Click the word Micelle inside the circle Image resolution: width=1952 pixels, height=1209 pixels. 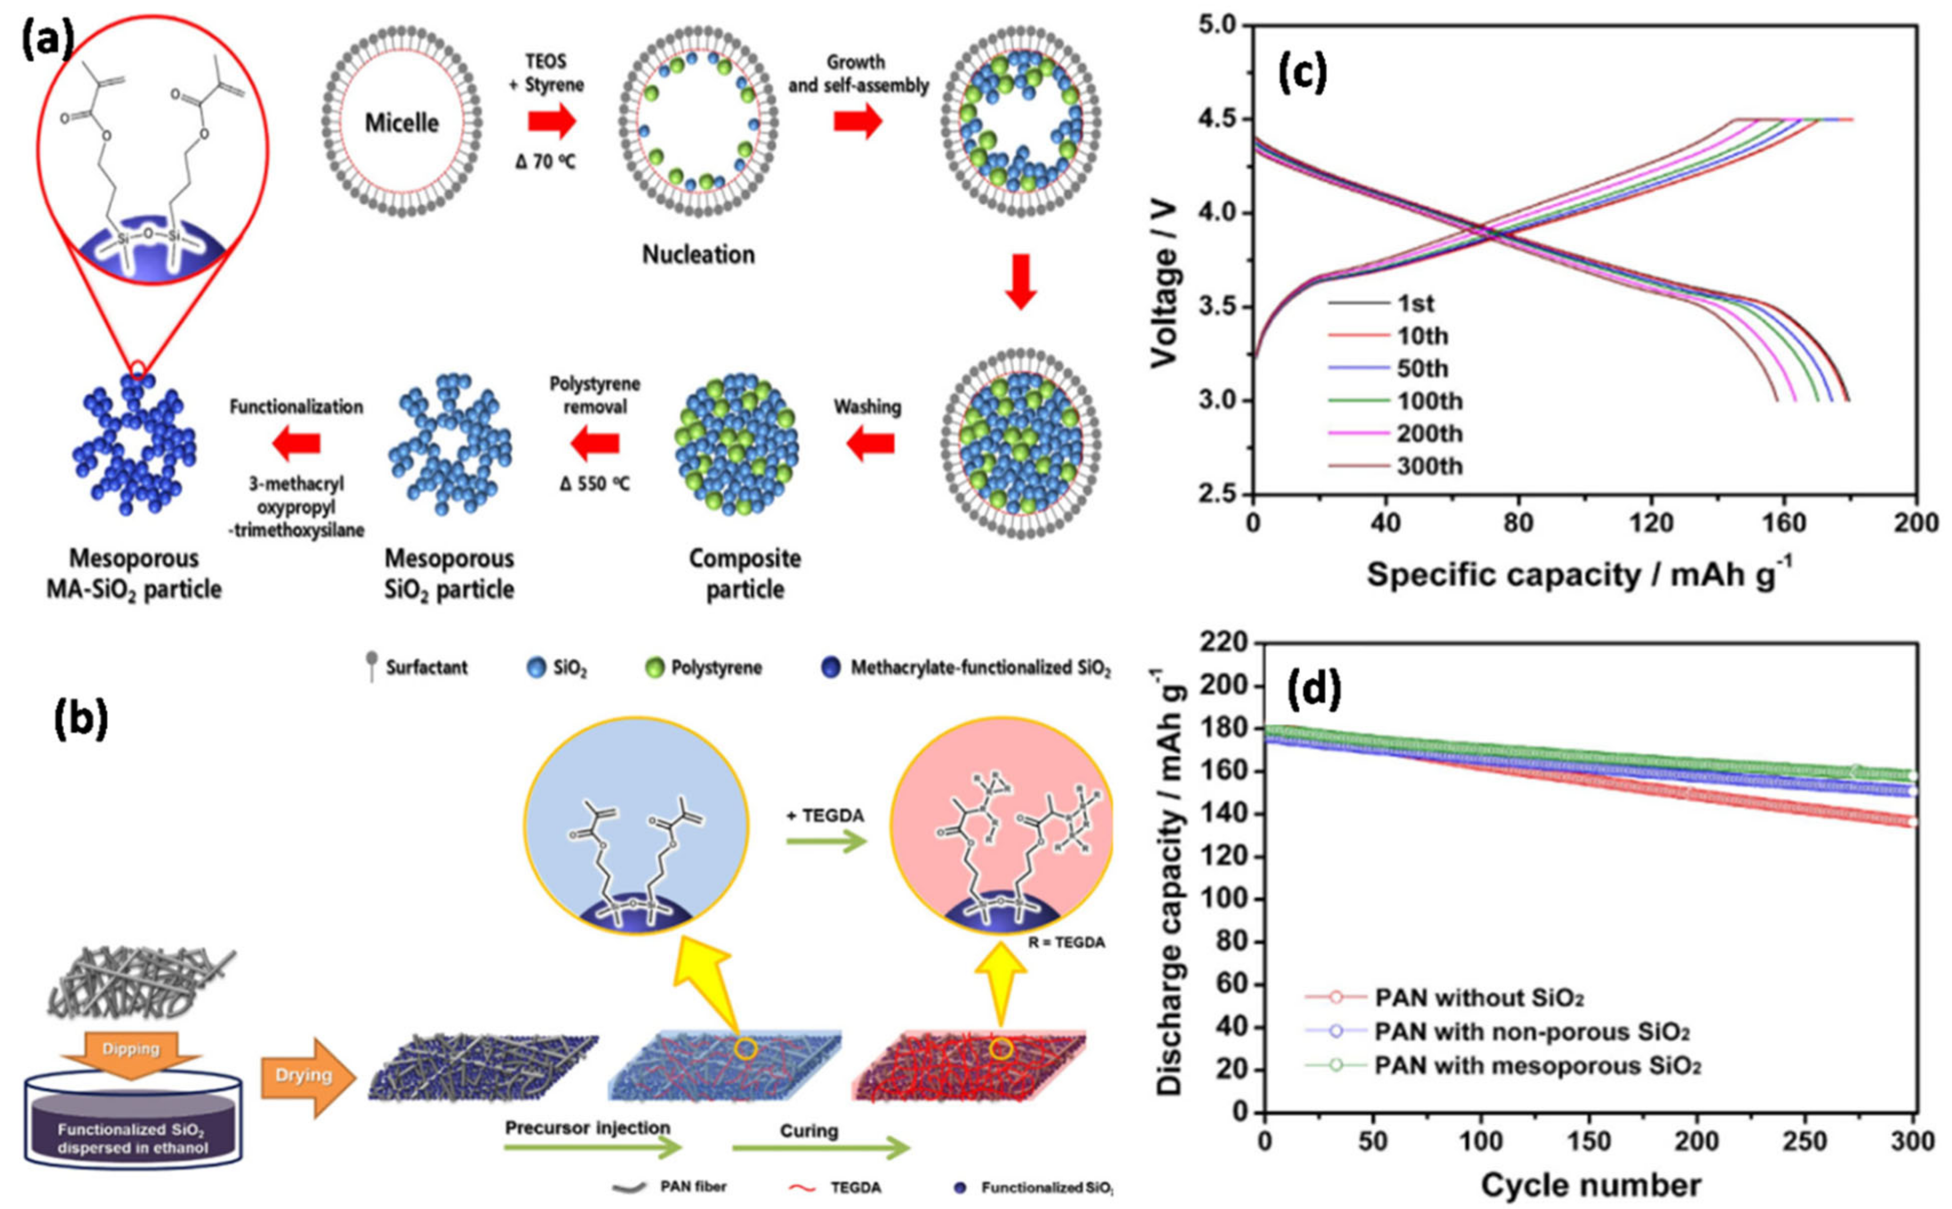click(x=402, y=123)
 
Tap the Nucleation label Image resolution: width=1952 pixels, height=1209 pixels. click(x=698, y=254)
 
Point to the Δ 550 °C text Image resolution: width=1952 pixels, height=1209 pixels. click(x=595, y=484)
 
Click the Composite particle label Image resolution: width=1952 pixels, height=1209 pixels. click(x=744, y=573)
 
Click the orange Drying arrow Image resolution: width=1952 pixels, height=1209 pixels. click(x=307, y=1076)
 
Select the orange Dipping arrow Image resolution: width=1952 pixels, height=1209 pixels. click(x=131, y=1050)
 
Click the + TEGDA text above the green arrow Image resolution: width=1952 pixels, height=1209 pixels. click(x=825, y=816)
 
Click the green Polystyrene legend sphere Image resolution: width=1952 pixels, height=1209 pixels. click(x=655, y=668)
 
